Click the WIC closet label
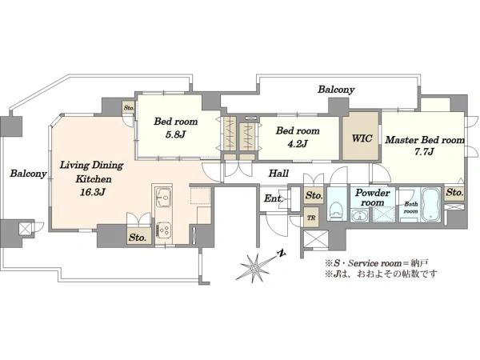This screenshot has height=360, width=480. click(362, 138)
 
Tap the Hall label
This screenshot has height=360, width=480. click(278, 174)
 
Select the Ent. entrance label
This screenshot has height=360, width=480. click(273, 198)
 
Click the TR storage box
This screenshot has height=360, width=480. click(311, 218)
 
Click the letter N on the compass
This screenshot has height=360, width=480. click(282, 253)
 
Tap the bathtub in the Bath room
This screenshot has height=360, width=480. click(431, 205)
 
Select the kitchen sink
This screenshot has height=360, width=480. click(163, 197)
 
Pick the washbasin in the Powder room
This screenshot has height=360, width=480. click(360, 215)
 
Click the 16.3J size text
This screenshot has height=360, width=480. click(93, 192)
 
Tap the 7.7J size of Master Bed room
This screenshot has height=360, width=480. click(424, 151)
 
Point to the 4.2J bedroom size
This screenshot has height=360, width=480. click(298, 143)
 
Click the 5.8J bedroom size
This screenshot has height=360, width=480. click(175, 134)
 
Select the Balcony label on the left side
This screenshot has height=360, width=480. click(28, 174)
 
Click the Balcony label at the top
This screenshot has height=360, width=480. click(336, 90)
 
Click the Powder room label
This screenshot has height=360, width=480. click(372, 198)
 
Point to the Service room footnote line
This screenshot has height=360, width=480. click(377, 263)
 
